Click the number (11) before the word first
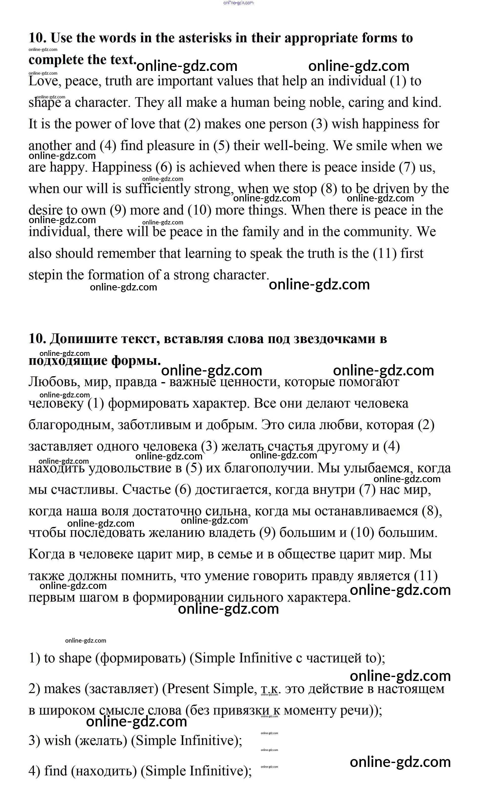click(x=385, y=254)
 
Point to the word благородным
click(x=71, y=425)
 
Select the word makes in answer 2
click(x=62, y=689)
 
